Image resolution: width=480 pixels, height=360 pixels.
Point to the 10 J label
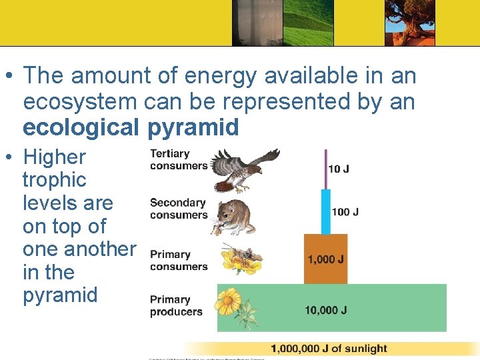point(338,169)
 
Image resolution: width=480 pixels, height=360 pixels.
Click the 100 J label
point(345,212)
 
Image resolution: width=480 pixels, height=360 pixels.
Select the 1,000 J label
point(325,259)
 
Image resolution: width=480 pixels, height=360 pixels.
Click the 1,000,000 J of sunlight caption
point(329,349)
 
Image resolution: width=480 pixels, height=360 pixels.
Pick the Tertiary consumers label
point(178,159)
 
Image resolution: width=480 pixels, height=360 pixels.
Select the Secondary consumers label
point(178,209)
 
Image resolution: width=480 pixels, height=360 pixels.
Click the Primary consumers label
point(178,260)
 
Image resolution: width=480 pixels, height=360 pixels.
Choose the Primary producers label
point(175,305)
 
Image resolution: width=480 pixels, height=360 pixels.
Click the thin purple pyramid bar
point(325,169)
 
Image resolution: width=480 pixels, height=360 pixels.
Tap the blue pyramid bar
point(325,212)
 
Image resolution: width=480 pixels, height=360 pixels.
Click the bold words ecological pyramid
point(131,127)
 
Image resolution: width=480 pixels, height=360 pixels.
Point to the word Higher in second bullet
point(54,157)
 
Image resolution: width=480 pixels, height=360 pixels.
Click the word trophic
point(54,180)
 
